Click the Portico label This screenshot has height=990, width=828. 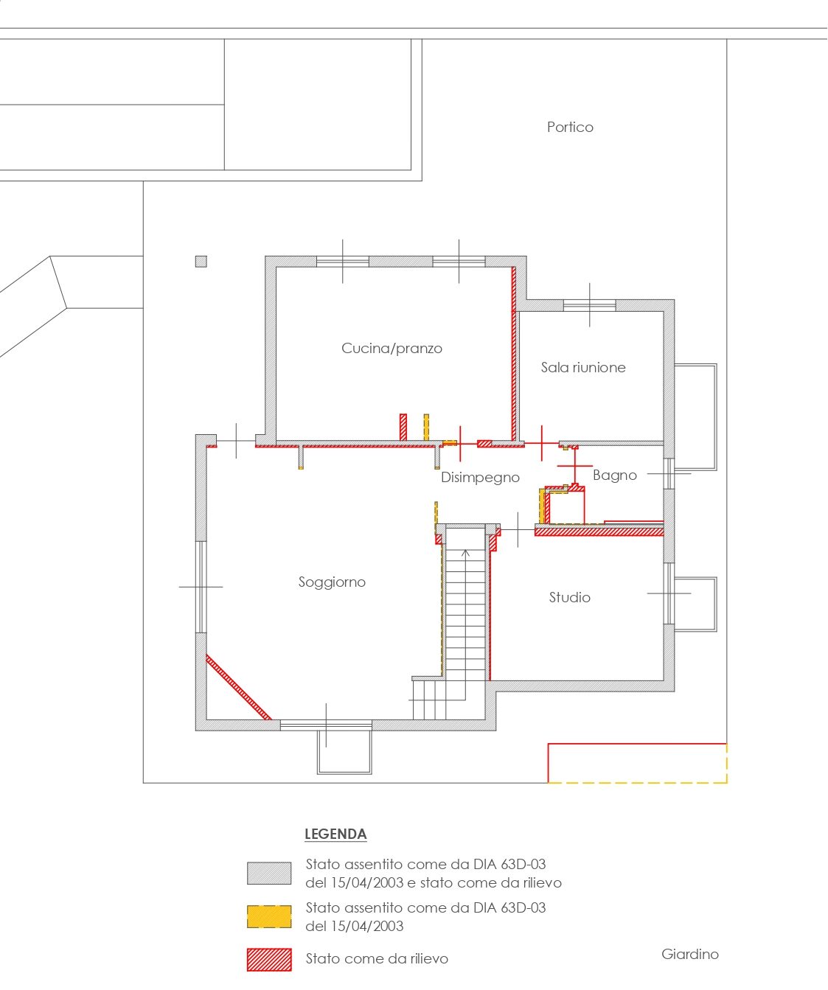569,127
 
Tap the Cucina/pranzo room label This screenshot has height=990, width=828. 392,349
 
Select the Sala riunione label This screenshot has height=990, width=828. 583,367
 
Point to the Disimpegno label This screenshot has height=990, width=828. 480,478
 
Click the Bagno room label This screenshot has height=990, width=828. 615,475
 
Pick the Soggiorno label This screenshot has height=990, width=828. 332,582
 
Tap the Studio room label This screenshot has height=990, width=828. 569,597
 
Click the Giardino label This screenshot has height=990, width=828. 690,954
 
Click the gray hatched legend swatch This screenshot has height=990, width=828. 269,873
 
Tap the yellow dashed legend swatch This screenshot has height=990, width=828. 269,916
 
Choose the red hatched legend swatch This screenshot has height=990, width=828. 269,960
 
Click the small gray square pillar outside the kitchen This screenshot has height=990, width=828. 201,261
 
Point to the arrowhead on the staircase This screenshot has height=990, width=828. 466,552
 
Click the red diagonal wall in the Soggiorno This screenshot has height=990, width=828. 239,687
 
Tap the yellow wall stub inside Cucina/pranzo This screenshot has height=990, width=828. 426,428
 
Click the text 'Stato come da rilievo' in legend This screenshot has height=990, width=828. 377,959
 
